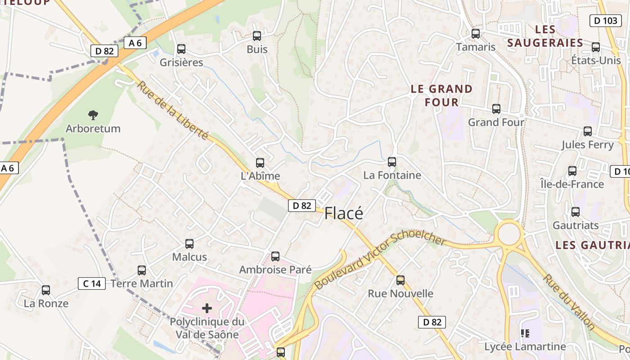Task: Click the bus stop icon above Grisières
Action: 181,49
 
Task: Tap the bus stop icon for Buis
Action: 257,36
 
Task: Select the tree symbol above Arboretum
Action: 93,115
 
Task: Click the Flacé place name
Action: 343,213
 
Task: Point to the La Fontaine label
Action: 392,175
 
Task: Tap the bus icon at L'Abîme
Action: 260,163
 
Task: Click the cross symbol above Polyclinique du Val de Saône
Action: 207,308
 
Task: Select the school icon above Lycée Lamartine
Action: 525,333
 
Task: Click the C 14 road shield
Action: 92,283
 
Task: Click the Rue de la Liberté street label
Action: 173,110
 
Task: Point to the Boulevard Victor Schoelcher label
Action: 380,261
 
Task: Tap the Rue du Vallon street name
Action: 569,301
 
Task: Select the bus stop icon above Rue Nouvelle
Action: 400,280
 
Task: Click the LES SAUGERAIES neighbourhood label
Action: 545,36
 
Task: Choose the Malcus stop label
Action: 189,257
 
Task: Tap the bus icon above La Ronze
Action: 46,290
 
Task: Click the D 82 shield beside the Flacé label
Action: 301,206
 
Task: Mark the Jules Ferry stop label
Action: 587,144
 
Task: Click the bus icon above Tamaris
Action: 476,34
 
